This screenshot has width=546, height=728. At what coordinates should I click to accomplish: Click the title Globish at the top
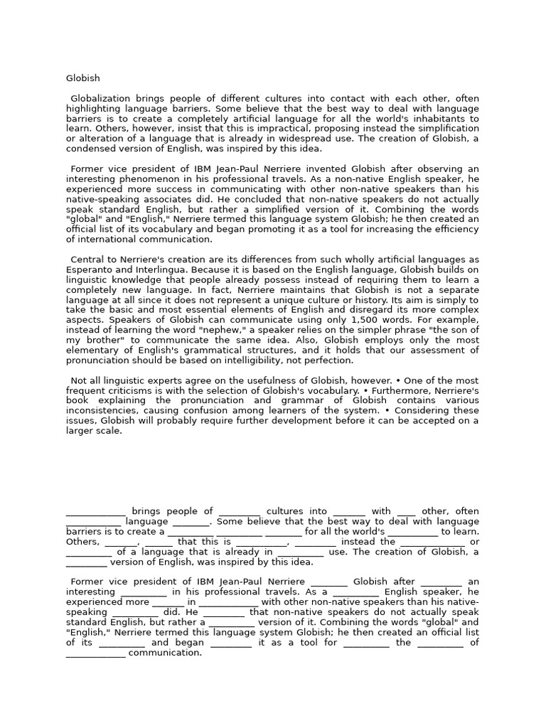[83, 78]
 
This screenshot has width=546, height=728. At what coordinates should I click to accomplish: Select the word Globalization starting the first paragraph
[102, 98]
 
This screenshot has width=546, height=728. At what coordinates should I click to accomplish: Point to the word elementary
[99, 350]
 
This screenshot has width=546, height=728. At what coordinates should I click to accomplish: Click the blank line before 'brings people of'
[96, 512]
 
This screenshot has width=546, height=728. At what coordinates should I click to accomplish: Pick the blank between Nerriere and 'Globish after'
[329, 582]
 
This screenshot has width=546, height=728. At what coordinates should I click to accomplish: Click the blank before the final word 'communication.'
[96, 653]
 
